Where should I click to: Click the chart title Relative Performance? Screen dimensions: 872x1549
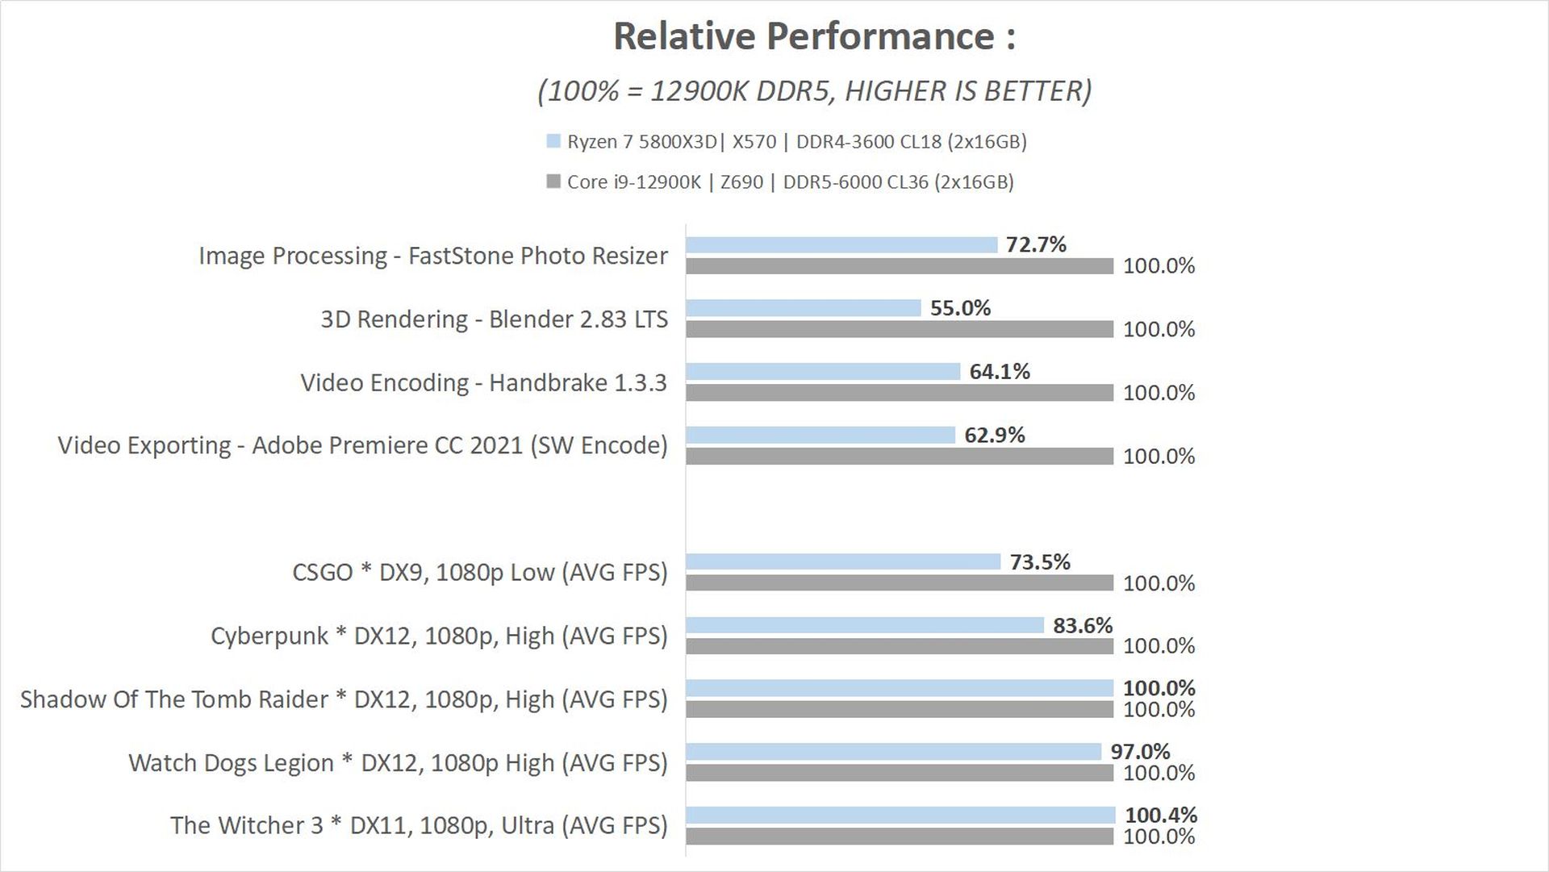pyautogui.click(x=813, y=37)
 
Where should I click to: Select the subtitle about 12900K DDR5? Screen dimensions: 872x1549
pyautogui.click(x=813, y=91)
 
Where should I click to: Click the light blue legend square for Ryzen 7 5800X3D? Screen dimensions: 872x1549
pyautogui.click(x=553, y=141)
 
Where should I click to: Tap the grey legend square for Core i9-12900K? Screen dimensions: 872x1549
pyautogui.click(x=553, y=181)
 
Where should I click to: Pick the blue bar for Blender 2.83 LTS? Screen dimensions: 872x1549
pyautogui.click(x=803, y=308)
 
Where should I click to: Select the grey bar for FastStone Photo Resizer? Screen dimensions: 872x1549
pyautogui.click(x=900, y=265)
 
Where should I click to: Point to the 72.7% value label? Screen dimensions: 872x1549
pyautogui.click(x=1036, y=244)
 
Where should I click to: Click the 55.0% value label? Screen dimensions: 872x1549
pyautogui.click(x=960, y=308)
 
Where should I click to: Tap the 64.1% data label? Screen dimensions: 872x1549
pyautogui.click(x=1000, y=371)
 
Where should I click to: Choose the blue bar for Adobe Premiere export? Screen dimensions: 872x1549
pyautogui.click(x=820, y=435)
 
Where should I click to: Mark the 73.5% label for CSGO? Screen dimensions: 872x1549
pyautogui.click(x=1040, y=561)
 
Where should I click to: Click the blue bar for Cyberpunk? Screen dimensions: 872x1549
pyautogui.click(x=865, y=625)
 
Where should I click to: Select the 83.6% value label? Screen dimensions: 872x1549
pyautogui.click(x=1083, y=625)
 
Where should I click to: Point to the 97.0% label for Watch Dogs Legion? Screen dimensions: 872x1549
pyautogui.click(x=1140, y=751)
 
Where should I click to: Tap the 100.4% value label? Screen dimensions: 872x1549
pyautogui.click(x=1161, y=815)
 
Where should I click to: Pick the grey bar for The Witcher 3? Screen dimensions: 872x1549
pyautogui.click(x=900, y=837)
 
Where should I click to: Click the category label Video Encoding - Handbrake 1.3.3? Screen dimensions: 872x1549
pyautogui.click(x=483, y=382)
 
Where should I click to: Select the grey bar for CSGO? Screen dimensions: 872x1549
pyautogui.click(x=900, y=582)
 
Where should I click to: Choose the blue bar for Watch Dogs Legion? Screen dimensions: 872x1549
pyautogui.click(x=893, y=752)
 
